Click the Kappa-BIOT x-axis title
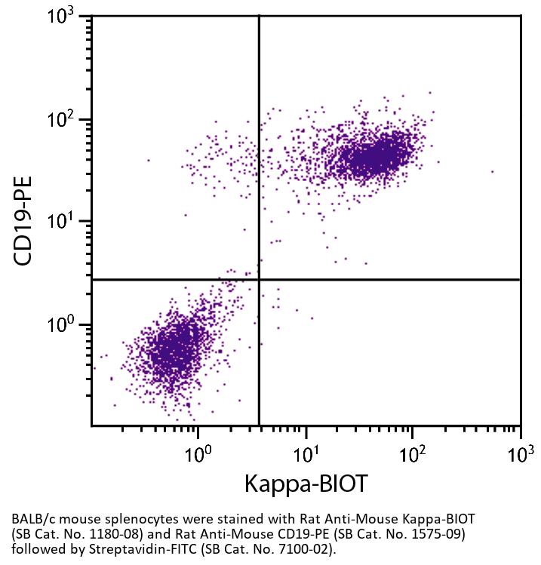pos(306,484)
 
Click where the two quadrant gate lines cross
pos(259,280)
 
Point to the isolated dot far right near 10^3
pos(492,171)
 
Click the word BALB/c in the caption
pos(31,520)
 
